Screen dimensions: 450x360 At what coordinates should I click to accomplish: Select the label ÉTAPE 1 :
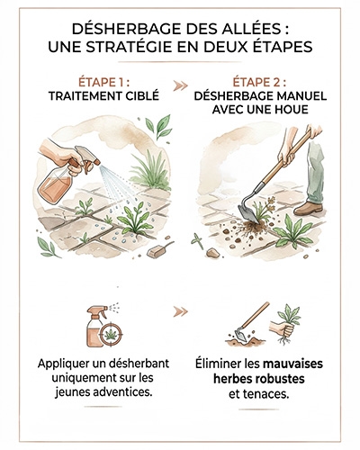pyautogui.click(x=103, y=82)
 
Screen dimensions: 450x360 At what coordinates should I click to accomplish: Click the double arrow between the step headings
pyautogui.click(x=180, y=88)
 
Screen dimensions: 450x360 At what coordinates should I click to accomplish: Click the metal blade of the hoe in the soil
pyautogui.click(x=243, y=212)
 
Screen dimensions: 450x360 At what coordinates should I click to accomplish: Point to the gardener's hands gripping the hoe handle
pyautogui.click(x=290, y=144)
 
